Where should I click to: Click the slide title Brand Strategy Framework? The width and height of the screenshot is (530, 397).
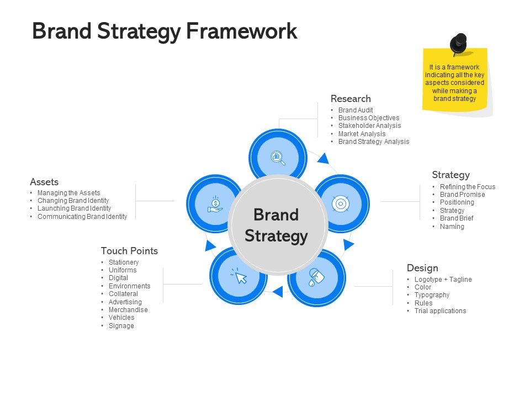click(x=165, y=31)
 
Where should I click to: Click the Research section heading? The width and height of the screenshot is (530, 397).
click(x=351, y=99)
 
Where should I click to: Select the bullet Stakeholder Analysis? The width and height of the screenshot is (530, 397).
click(x=369, y=126)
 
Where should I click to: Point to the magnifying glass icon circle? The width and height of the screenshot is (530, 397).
click(x=278, y=157)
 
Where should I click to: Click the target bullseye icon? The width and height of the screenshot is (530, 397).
click(x=341, y=203)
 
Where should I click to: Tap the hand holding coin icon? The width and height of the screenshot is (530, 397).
click(x=215, y=203)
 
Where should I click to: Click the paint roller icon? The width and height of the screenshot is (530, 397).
click(x=315, y=276)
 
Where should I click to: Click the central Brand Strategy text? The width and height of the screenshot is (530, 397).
click(x=276, y=226)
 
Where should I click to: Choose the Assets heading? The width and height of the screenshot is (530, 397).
click(x=44, y=182)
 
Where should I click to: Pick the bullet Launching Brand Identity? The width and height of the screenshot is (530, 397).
click(x=74, y=208)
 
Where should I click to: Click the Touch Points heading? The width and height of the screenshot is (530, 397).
click(x=129, y=251)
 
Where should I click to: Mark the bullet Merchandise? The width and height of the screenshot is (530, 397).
click(x=128, y=310)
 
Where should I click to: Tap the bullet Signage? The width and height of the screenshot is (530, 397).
click(x=121, y=326)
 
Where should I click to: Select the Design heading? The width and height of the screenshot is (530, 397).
click(x=422, y=268)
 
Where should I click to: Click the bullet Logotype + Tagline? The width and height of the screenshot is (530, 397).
click(x=443, y=280)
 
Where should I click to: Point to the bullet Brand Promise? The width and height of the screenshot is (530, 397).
click(x=462, y=195)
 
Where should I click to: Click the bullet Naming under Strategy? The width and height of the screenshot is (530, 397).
click(x=452, y=227)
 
